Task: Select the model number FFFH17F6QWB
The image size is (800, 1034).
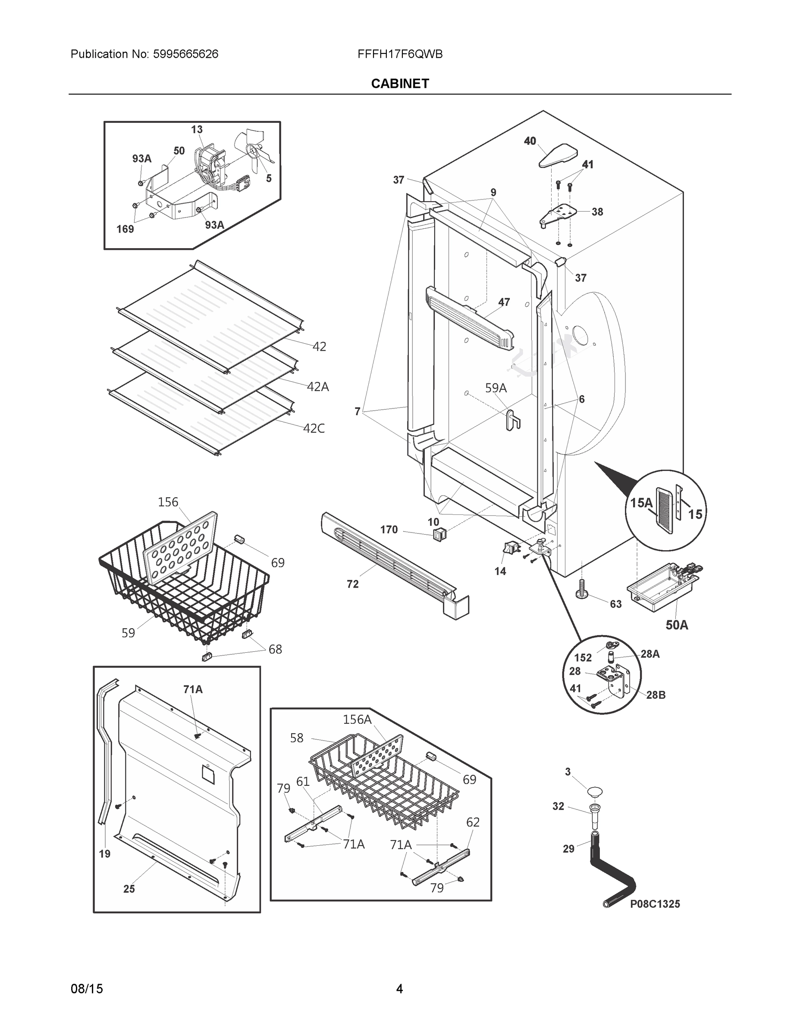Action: coord(400,54)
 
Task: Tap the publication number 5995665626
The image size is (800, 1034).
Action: coord(185,54)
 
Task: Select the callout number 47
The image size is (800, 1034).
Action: coord(504,302)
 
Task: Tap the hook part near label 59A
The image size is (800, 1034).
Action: coord(512,420)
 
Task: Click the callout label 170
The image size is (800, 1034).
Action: coord(389,529)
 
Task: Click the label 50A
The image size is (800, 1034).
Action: coord(677,625)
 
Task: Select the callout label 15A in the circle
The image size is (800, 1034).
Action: coord(641,503)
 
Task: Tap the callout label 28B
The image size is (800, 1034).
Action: coord(656,695)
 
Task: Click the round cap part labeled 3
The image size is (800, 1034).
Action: coord(595,791)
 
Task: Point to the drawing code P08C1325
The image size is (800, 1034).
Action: coord(655,904)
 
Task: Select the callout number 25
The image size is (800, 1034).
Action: coord(129,889)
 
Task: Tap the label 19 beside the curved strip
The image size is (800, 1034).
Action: coord(105,853)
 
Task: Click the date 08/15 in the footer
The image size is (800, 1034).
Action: coord(86,989)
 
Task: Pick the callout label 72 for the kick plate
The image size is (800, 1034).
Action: coord(352,584)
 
